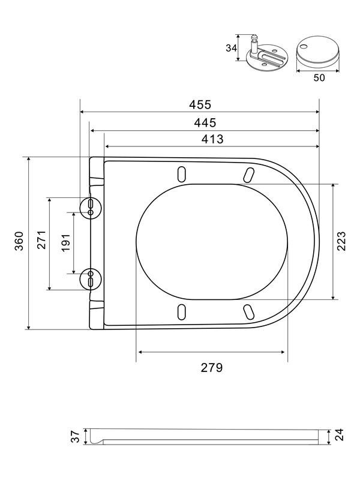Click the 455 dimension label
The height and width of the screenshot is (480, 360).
[x=200, y=104]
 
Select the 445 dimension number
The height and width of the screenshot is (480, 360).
[x=205, y=123]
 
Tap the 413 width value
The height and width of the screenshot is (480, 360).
[x=212, y=139]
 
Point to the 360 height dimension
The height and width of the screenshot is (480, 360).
[x=19, y=241]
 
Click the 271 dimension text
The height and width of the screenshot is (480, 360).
[x=41, y=239]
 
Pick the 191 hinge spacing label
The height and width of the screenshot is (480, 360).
[x=66, y=243]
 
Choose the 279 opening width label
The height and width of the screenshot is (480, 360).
[x=212, y=367]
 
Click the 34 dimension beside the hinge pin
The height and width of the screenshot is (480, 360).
[x=231, y=48]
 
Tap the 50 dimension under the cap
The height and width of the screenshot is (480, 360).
[x=319, y=78]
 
